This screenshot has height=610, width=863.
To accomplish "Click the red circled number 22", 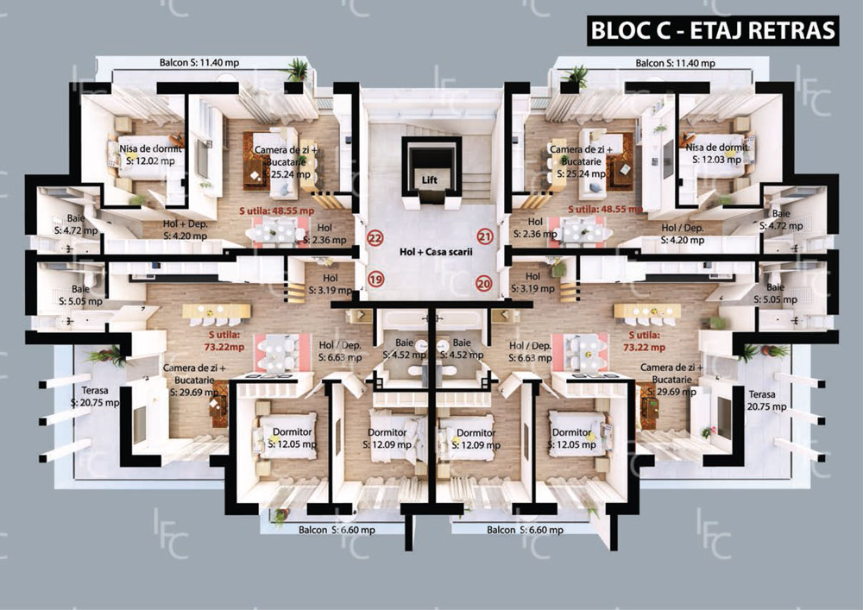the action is point(375,238).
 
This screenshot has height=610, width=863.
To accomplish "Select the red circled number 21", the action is point(485,236).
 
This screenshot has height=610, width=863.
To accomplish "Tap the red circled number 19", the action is point(375,280).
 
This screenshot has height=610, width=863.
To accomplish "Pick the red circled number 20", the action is point(484,284).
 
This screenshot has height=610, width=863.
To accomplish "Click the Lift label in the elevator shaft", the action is point(429,180).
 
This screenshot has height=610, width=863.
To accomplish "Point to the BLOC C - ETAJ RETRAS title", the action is point(713,30).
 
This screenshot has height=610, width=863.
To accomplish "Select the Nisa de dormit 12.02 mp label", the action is point(150,154).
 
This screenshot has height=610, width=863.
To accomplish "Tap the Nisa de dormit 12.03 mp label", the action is point(717,154).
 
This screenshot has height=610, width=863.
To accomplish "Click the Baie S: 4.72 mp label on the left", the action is point(76,224).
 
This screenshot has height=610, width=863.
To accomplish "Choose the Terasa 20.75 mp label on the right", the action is point(766,400).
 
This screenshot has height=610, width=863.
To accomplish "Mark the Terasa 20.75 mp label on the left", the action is point(95,397).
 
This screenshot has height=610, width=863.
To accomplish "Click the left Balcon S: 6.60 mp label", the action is point(337,531).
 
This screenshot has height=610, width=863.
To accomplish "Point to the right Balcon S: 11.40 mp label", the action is point(676,63).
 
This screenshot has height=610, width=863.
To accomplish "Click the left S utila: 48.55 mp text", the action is point(277,211).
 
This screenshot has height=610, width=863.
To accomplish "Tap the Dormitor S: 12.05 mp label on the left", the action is point(293,438).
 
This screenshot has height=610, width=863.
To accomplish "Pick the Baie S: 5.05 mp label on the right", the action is point(775,293).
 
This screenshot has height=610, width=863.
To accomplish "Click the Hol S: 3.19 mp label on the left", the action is point(331,284).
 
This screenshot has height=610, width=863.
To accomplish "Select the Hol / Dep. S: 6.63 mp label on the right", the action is point(531,352).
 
